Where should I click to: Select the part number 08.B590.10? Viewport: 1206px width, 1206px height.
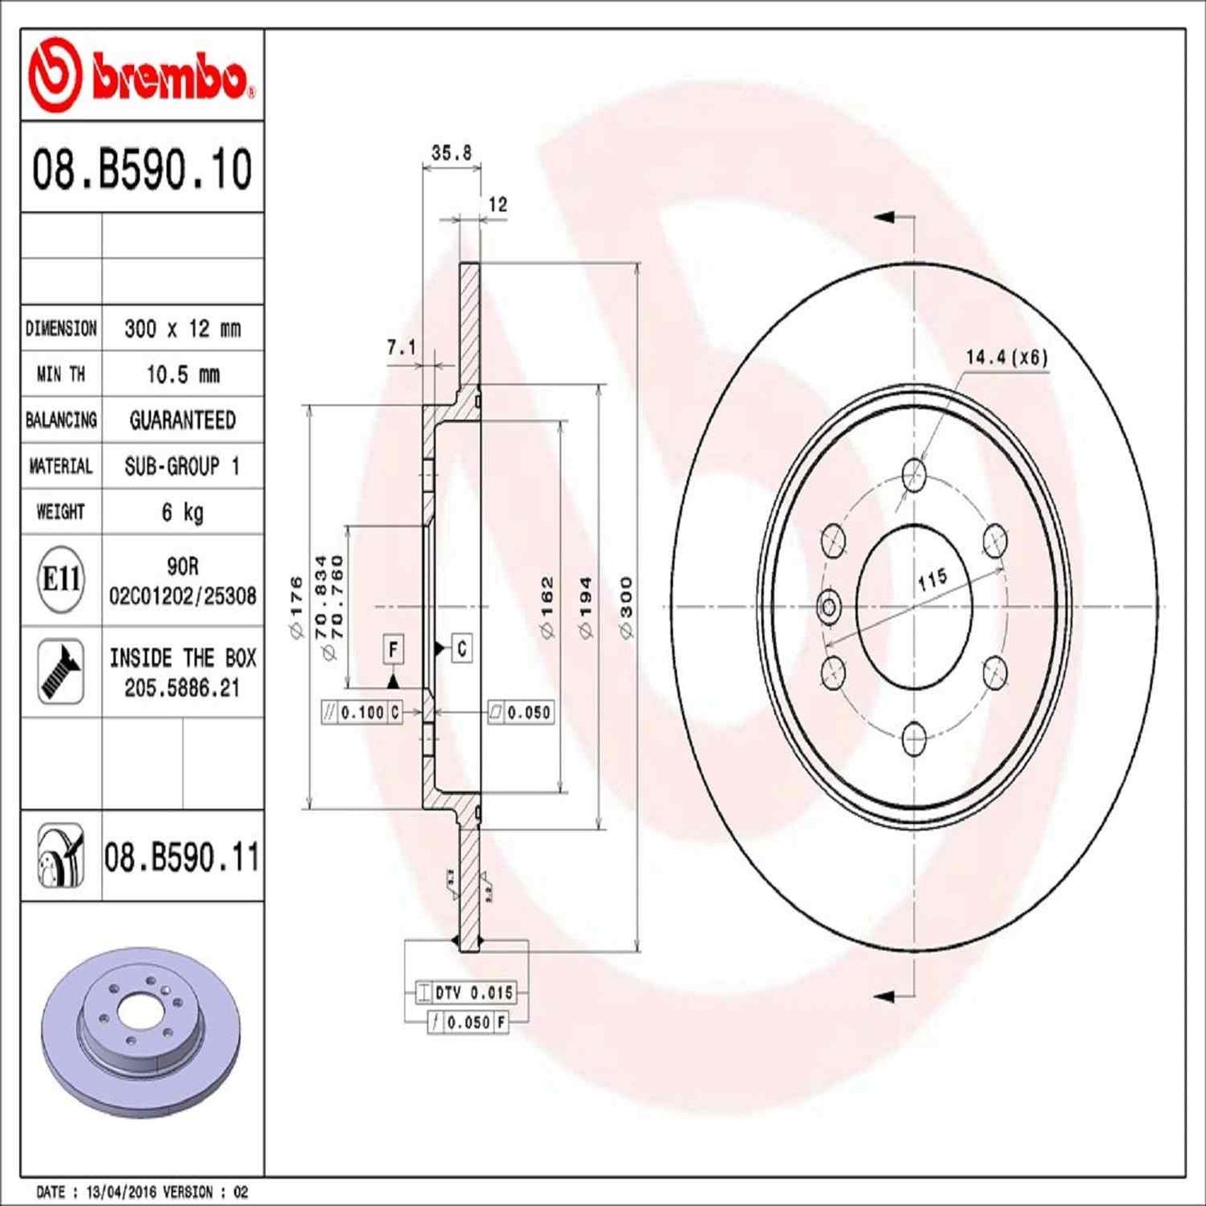tap(142, 169)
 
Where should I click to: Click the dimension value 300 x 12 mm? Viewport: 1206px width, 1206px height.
tap(182, 329)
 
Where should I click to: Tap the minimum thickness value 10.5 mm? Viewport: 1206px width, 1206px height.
tap(182, 375)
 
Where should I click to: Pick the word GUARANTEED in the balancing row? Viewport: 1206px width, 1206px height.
tap(182, 421)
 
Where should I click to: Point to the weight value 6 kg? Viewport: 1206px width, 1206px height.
tap(182, 512)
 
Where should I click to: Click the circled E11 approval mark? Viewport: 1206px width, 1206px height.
tap(61, 579)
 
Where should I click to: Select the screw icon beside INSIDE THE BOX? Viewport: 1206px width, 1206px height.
tap(61, 672)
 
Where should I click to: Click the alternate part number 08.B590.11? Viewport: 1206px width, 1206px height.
tap(181, 858)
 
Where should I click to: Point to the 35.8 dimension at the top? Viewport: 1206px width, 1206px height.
tap(452, 153)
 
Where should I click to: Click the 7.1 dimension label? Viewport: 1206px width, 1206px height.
tap(401, 347)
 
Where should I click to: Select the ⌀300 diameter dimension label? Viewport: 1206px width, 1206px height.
tap(626, 608)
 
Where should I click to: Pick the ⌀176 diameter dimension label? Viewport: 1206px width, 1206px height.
tap(295, 608)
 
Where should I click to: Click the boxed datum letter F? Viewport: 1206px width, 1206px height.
tap(393, 648)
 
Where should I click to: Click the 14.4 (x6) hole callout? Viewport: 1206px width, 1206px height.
tap(1006, 357)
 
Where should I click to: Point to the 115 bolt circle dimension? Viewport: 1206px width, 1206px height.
tap(932, 579)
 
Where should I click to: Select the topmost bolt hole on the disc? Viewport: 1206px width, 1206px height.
tap(915, 475)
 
